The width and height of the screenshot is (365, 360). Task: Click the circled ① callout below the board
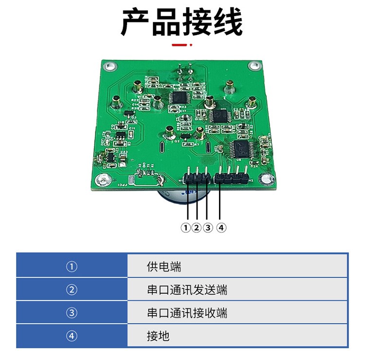point(185,227)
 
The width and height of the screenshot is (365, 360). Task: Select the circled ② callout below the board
point(197,227)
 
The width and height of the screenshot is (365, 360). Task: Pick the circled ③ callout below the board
point(208,227)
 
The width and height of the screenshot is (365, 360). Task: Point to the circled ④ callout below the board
point(221,227)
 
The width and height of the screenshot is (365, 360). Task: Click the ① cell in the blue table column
point(72,267)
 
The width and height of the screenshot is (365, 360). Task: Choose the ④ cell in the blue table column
point(72,336)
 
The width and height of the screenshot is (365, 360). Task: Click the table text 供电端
point(164,267)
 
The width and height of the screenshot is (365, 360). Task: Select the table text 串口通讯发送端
point(187,290)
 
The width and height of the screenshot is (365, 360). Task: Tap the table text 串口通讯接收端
point(187,313)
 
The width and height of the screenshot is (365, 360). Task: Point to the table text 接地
point(158,336)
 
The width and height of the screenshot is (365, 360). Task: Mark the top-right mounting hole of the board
point(253,66)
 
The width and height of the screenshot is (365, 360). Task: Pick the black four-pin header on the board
point(231,178)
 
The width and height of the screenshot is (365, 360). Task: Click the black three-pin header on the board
point(197,179)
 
